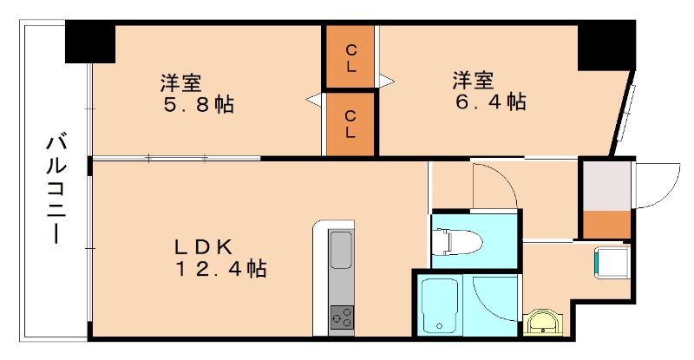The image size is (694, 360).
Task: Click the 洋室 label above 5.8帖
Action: [180, 83]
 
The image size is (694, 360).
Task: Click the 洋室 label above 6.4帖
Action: [473, 82]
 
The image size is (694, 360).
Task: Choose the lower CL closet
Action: [350, 123]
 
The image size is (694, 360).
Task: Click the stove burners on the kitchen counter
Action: [341, 317]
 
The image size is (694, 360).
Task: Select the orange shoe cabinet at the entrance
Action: [606, 224]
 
